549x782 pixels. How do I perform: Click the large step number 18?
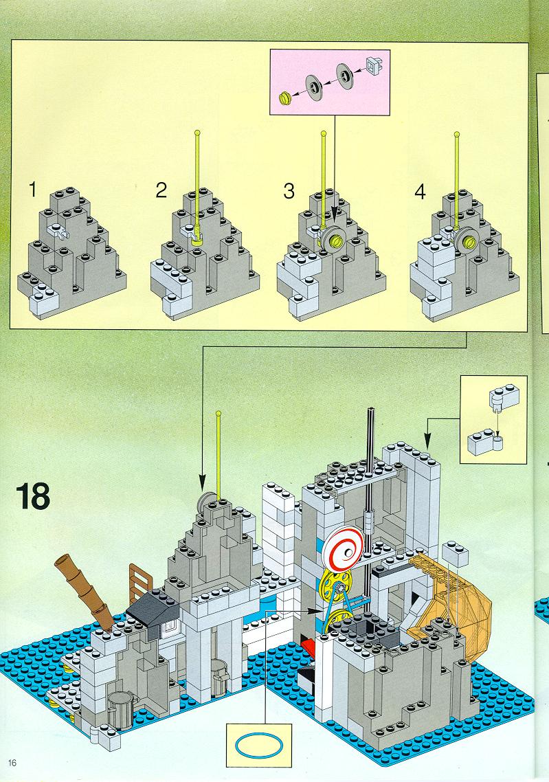(33, 495)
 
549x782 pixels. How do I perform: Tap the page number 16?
(12, 763)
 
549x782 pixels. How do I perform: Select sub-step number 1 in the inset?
(33, 190)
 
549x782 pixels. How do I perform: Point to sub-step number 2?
(161, 190)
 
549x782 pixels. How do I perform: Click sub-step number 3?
(289, 191)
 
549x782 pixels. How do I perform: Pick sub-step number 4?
(421, 192)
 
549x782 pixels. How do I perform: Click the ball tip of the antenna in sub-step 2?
(198, 133)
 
